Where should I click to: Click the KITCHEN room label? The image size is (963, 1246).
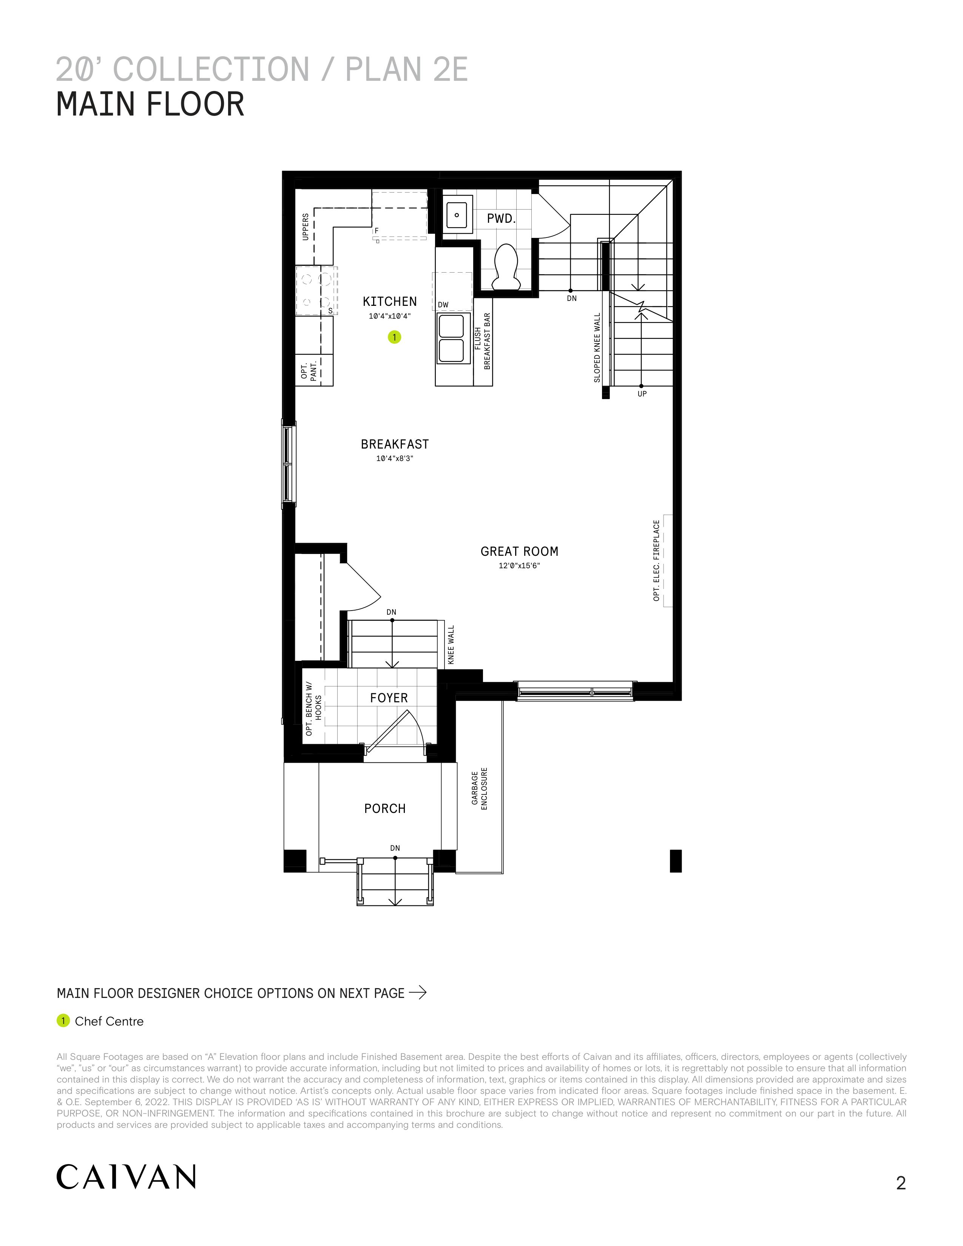(390, 301)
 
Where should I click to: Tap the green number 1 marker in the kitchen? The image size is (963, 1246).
(394, 337)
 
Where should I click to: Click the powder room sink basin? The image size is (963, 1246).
(458, 215)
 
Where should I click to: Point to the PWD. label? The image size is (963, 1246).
(501, 218)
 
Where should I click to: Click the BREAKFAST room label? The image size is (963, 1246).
(395, 444)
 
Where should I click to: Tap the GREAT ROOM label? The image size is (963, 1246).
(519, 551)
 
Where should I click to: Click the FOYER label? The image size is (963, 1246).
(389, 698)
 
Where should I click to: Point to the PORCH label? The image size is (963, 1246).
(385, 808)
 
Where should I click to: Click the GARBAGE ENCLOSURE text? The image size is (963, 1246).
(479, 788)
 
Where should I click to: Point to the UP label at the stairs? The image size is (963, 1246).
(642, 394)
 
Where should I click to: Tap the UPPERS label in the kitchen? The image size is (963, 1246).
(305, 227)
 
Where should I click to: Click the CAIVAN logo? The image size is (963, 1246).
(126, 1177)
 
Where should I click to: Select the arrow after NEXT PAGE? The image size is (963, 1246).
(418, 993)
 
